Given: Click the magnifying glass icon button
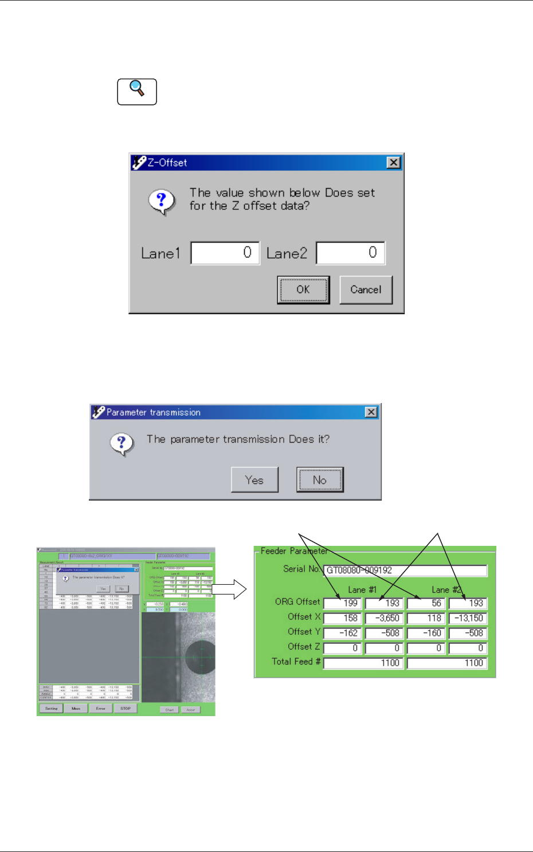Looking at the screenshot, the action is pyautogui.click(x=137, y=92).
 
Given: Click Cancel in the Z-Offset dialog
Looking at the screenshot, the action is pyautogui.click(x=366, y=290).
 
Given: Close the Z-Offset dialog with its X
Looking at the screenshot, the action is pyautogui.click(x=393, y=163).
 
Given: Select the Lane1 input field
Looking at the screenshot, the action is pyautogui.click(x=225, y=253).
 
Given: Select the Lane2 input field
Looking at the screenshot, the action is pyautogui.click(x=350, y=253).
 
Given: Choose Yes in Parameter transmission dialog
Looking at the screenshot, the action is pyautogui.click(x=254, y=480).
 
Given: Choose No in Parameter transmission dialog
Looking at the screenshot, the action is pyautogui.click(x=320, y=480).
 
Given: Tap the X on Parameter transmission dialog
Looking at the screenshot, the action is pyautogui.click(x=371, y=412).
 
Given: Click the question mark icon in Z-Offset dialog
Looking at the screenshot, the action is pyautogui.click(x=162, y=201).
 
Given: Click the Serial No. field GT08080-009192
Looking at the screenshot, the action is pyautogui.click(x=405, y=570).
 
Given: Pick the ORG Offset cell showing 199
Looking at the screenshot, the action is pyautogui.click(x=342, y=603).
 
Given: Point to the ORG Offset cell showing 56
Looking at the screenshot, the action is pyautogui.click(x=426, y=603).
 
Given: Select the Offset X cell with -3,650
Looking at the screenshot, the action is pyautogui.click(x=384, y=618).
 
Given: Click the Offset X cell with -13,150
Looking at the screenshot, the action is pyautogui.click(x=468, y=618).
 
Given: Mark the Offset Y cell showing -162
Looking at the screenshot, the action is pyautogui.click(x=342, y=633).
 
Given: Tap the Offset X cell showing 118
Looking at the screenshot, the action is pyautogui.click(x=426, y=618).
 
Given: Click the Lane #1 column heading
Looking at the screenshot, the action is pyautogui.click(x=362, y=589).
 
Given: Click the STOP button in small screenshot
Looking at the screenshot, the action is pyautogui.click(x=126, y=709).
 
